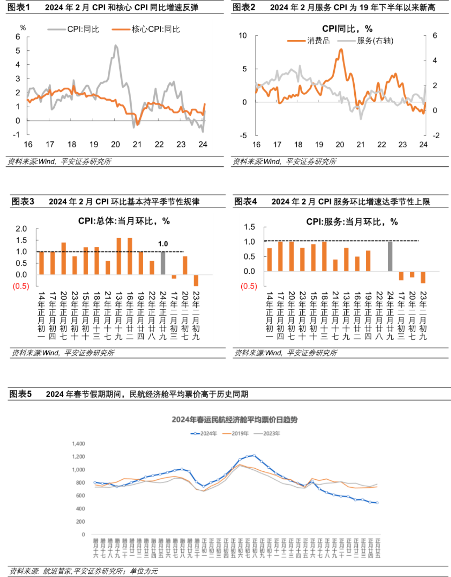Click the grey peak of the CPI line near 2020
(x=116, y=45)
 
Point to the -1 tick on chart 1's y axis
(x=16, y=135)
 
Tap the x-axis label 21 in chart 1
(x=137, y=145)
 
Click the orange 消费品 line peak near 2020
(x=341, y=50)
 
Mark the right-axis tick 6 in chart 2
(x=435, y=36)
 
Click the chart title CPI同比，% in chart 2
(x=347, y=29)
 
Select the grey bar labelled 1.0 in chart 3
(x=163, y=263)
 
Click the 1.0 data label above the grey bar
(x=163, y=244)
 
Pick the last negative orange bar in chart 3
(x=196, y=280)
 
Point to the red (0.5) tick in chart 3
(x=21, y=286)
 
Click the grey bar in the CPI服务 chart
(x=390, y=256)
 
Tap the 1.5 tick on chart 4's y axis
(x=249, y=227)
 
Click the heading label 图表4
(x=245, y=202)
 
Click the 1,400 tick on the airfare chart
(x=79, y=443)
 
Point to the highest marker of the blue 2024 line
(x=254, y=456)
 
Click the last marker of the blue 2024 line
(x=377, y=503)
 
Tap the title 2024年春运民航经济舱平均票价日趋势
(x=235, y=420)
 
